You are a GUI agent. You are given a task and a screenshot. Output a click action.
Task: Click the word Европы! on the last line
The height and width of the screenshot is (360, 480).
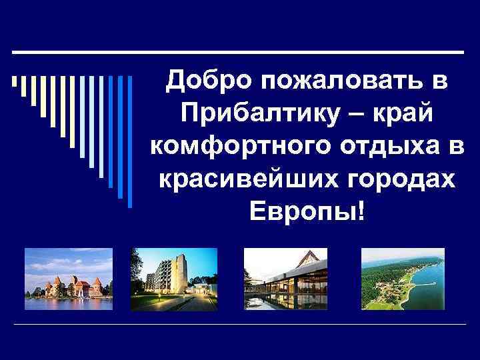(307, 212)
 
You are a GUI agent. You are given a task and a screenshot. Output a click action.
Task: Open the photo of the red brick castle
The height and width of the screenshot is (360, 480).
(68, 279)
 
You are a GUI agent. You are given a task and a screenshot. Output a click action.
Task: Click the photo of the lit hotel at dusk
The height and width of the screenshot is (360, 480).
(173, 279)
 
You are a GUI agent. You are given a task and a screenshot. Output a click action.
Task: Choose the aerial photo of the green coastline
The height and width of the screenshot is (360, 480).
(402, 279)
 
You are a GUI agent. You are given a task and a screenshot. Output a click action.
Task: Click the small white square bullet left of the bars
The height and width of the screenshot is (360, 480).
(14, 83)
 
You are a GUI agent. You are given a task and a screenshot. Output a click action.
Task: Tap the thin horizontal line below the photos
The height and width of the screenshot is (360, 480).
(240, 324)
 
